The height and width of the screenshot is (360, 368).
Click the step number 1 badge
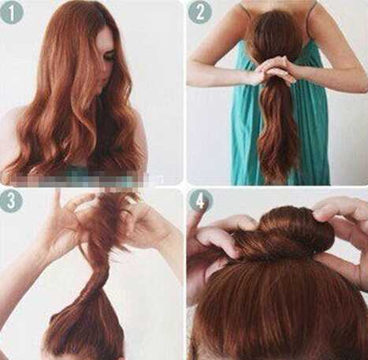[12, 13]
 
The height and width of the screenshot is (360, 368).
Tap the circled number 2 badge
[200, 13]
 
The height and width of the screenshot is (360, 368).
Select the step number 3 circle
[11, 202]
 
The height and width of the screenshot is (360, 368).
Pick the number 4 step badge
[200, 202]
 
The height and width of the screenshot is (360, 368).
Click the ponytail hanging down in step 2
[278, 132]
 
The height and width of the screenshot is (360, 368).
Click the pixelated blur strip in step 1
[84, 180]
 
